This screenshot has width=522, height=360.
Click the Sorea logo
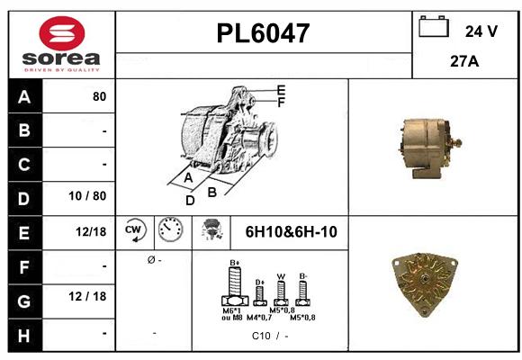click(x=60, y=44)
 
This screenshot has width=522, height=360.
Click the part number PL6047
click(x=264, y=33)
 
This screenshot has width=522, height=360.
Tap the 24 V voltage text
click(x=481, y=31)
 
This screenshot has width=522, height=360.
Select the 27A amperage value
click(x=463, y=63)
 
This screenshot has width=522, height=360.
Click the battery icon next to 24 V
click(x=434, y=27)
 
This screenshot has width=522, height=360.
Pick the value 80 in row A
click(x=99, y=97)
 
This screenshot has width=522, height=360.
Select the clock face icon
click(x=169, y=231)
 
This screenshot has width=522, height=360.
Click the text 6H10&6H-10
click(x=291, y=232)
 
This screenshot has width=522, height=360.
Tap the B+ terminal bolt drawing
click(x=233, y=287)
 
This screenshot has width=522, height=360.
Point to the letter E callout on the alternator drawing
click(x=281, y=90)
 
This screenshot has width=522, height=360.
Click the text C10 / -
click(x=270, y=336)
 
